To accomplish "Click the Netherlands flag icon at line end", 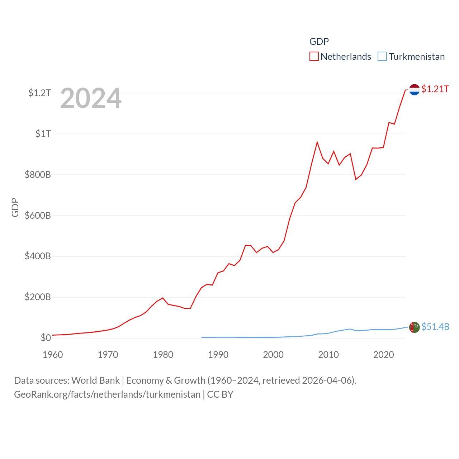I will tap(414, 89).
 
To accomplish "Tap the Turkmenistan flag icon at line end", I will tap(414, 327).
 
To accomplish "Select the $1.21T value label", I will tap(435, 89).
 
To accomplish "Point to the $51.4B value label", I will tap(435, 327).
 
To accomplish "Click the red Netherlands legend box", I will tap(314, 57).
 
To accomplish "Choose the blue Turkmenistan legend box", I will tap(382, 57).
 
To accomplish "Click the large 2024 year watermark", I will tap(91, 98).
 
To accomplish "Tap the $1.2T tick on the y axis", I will tap(39, 93).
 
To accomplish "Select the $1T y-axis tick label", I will tap(43, 134).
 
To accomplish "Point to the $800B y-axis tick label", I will tap(38, 175).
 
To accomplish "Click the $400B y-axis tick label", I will tap(38, 256).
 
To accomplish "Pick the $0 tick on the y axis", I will tap(46, 338).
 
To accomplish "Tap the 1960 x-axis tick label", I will tap(53, 355).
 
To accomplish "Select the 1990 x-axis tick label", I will tap(218, 355).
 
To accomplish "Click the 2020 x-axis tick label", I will tap(383, 355).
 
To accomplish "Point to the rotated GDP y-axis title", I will tap(15, 207).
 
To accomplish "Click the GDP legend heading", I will tap(319, 42).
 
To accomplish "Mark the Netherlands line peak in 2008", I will tap(317, 142).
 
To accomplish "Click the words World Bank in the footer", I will tap(95, 380).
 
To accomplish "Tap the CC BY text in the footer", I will tap(220, 394).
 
